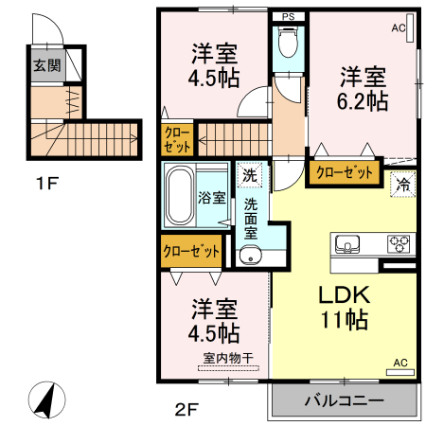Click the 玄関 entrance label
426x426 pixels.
pyautogui.click(x=47, y=65)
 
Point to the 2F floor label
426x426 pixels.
pyautogui.click(x=185, y=410)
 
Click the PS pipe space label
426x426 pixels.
pyautogui.click(x=289, y=16)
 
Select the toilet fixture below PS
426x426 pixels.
pyautogui.click(x=289, y=44)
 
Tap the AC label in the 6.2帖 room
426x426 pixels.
pyautogui.click(x=398, y=27)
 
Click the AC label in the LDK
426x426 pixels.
pyautogui.click(x=399, y=363)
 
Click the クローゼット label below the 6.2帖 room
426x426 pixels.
pyautogui.click(x=344, y=172)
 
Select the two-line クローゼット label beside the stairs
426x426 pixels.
pyautogui.click(x=177, y=140)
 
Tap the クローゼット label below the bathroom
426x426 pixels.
pyautogui.click(x=190, y=252)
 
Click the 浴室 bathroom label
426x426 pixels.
pyautogui.click(x=211, y=198)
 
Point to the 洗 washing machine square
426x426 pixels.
pyautogui.click(x=249, y=174)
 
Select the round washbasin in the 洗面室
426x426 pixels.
pyautogui.click(x=250, y=254)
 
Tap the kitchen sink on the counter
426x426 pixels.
pyautogui.click(x=347, y=243)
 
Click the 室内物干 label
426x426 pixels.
pyautogui.click(x=229, y=357)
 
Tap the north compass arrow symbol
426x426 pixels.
pyautogui.click(x=44, y=399)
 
